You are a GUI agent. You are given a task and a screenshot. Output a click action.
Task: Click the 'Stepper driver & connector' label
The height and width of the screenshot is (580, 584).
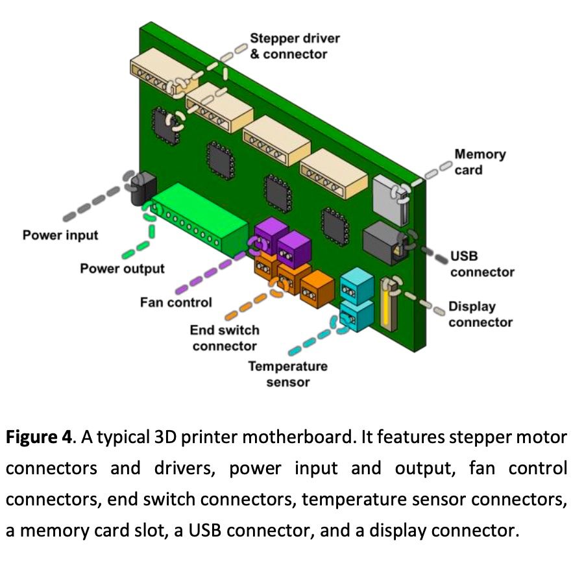point(295,46)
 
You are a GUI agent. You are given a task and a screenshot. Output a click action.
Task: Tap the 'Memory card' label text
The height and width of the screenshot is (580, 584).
point(480,162)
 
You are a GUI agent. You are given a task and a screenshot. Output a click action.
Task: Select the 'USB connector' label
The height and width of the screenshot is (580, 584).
point(482,264)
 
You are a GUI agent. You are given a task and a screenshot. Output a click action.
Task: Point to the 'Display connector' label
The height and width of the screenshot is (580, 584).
point(480,314)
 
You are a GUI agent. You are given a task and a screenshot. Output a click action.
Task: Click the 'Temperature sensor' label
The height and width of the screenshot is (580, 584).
point(287,374)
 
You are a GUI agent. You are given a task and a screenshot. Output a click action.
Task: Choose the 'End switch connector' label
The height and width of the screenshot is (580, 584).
point(225,337)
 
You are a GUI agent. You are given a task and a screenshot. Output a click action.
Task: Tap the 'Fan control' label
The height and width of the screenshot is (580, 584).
point(176,302)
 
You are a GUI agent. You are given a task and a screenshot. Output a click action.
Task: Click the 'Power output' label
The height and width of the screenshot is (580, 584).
point(122,268)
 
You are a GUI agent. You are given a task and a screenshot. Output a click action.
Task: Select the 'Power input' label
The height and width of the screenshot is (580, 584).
point(60,234)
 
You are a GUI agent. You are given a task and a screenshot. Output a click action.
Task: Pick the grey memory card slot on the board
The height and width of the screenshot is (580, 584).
point(388,195)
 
